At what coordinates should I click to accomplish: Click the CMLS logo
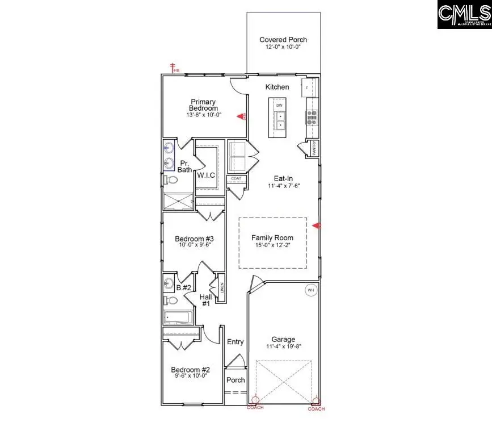[464, 15]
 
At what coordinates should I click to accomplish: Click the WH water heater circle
[310, 290]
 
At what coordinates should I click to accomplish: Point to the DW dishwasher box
[279, 106]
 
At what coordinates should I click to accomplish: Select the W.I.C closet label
[206, 175]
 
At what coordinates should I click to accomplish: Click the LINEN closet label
[221, 288]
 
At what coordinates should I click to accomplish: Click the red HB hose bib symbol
[173, 68]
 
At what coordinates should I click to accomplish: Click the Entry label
[236, 341]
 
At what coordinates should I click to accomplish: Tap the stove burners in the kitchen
[312, 116]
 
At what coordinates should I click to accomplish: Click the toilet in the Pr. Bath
[170, 180]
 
